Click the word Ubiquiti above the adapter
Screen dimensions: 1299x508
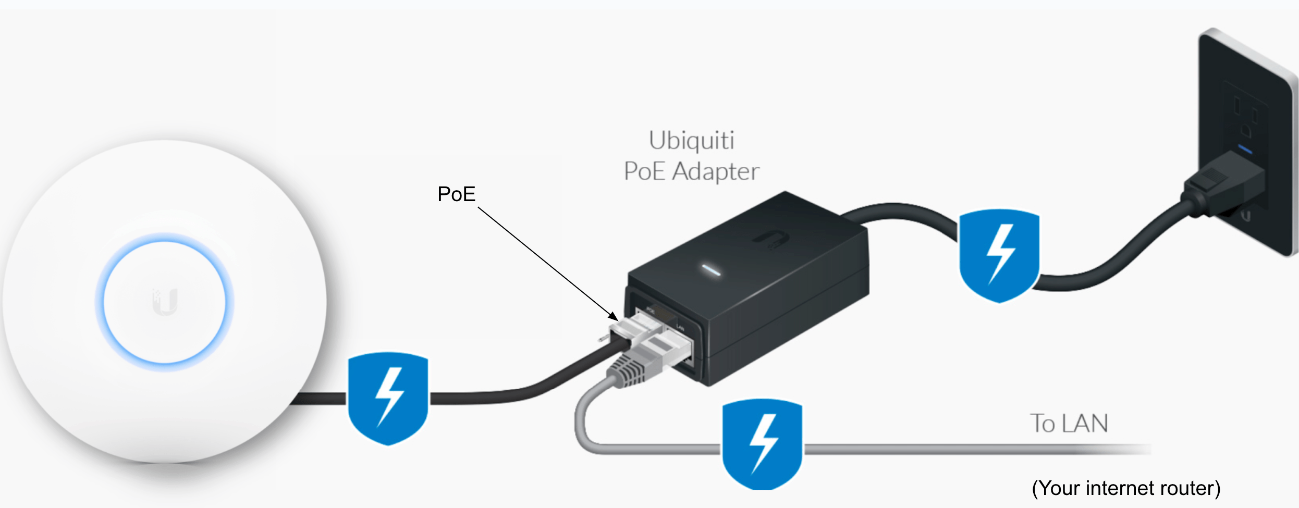691,141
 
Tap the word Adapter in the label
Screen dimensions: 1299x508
715,172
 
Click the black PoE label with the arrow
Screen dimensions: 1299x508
456,194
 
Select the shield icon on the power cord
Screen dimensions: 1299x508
999,255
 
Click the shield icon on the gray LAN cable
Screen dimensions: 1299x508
763,444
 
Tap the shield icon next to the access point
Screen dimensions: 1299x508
388,399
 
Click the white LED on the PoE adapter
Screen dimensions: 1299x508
711,270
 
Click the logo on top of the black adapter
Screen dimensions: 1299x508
770,239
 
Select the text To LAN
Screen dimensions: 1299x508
1069,424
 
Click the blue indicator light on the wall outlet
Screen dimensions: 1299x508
1245,150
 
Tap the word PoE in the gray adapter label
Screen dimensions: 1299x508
644,172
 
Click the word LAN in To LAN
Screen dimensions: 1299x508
1085,424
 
